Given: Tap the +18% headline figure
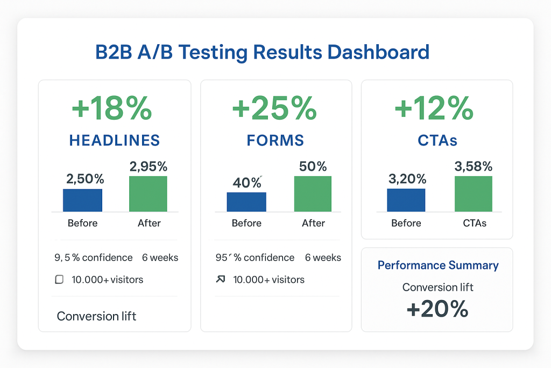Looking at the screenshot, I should pyautogui.click(x=112, y=109).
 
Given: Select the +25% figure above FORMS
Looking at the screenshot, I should pyautogui.click(x=274, y=109).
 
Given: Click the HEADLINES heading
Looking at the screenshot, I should pyautogui.click(x=115, y=141).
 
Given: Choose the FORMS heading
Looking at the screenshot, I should pyautogui.click(x=275, y=141).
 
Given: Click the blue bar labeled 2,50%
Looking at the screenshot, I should pyautogui.click(x=82, y=200).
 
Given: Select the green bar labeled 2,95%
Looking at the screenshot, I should pyautogui.click(x=148, y=193).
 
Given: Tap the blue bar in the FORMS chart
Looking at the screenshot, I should pyautogui.click(x=246, y=202).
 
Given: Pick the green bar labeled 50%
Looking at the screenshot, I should pyautogui.click(x=313, y=193).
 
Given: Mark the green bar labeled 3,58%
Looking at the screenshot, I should pyautogui.click(x=473, y=193).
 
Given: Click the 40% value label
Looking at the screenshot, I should pyautogui.click(x=247, y=183).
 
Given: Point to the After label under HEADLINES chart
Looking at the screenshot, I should pyautogui.click(x=149, y=223).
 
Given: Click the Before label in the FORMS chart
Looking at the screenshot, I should pyautogui.click(x=246, y=223).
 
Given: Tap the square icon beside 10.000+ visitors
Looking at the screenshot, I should pyautogui.click(x=60, y=280).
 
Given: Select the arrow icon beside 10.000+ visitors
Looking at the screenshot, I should pyautogui.click(x=220, y=280).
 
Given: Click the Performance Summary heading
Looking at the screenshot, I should pyautogui.click(x=438, y=265).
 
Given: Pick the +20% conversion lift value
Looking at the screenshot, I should pyautogui.click(x=437, y=309).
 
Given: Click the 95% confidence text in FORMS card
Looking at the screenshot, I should pyautogui.click(x=255, y=258).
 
